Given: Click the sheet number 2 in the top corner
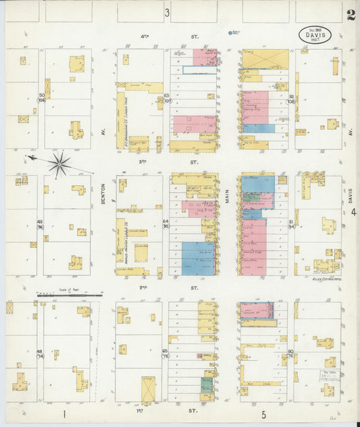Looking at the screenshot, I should [x=351, y=15].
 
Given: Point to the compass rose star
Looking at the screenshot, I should [x=59, y=163].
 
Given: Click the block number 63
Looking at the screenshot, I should [x=166, y=96].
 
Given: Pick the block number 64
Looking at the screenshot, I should [x=165, y=221].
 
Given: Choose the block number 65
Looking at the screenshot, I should [x=165, y=351].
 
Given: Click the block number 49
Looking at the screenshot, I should [x=40, y=222].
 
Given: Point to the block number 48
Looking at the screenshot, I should [x=39, y=351].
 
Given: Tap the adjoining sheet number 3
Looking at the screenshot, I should [x=166, y=13].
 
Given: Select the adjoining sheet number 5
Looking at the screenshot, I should [x=263, y=413].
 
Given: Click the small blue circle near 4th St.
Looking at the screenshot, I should [x=230, y=32].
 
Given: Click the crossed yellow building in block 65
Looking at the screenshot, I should [x=148, y=388].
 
